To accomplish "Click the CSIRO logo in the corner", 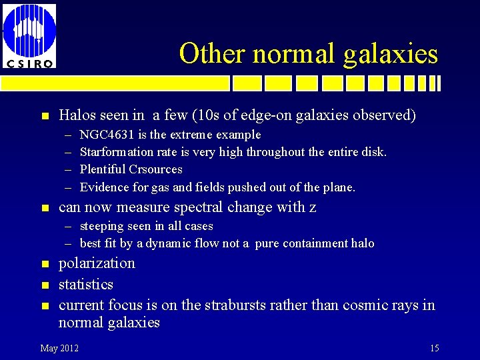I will pos(29,35).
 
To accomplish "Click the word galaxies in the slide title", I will pos(391,54).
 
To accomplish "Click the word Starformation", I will pos(116,152).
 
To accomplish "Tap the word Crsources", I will pos(155,169).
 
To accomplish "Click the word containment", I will pos(317,243).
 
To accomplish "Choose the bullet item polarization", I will pos(97,263).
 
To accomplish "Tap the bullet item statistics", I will pos(86,284).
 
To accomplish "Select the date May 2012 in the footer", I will pos(59,348).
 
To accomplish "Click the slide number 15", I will pos(434,348).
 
